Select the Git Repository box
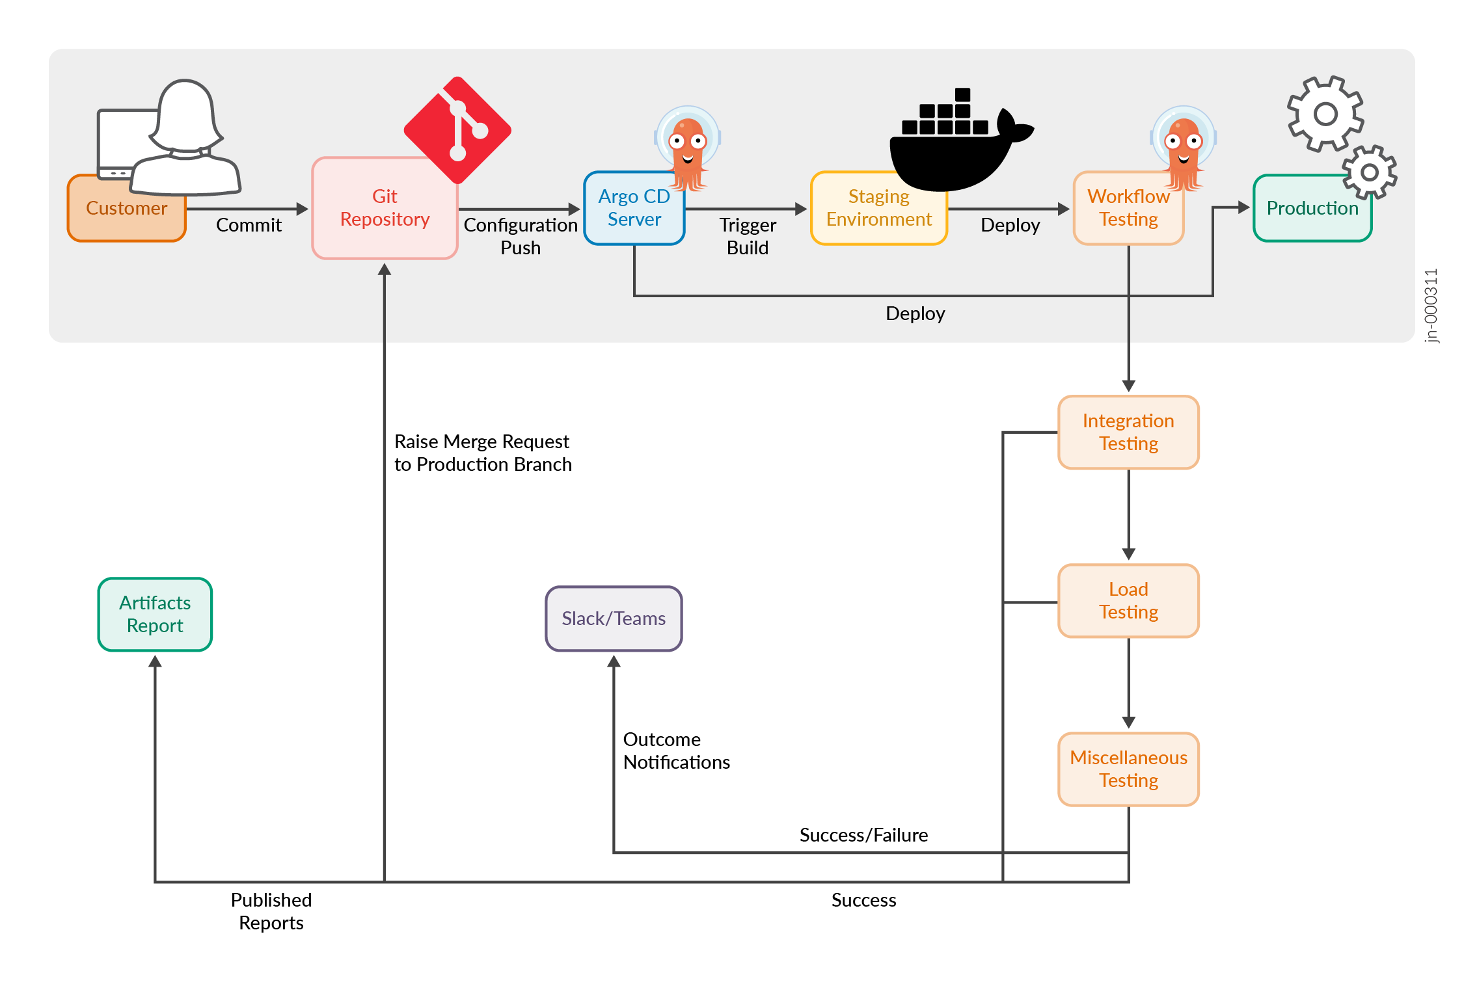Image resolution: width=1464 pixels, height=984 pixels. point(385,208)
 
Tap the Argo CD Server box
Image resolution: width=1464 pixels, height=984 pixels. point(634,208)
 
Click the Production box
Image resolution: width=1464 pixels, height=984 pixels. point(1312,208)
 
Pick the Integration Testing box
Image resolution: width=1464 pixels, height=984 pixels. point(1128,432)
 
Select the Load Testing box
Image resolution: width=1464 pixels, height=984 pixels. point(1128,601)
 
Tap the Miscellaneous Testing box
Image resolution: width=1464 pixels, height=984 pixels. point(1128,769)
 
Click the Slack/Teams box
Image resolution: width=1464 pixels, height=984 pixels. point(614,618)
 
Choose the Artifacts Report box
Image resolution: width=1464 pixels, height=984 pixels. point(155,615)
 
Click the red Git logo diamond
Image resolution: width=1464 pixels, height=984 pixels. point(457,130)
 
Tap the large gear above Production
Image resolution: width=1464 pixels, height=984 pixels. point(1325,114)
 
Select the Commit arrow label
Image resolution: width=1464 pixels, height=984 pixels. point(249,225)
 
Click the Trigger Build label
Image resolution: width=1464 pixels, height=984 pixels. point(748,236)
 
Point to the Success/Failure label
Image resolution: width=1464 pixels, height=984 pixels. point(863,835)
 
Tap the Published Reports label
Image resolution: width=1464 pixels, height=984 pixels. point(271,911)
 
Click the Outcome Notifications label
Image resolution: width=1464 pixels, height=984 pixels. point(676,751)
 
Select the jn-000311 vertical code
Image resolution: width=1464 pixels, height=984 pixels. point(1431,306)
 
